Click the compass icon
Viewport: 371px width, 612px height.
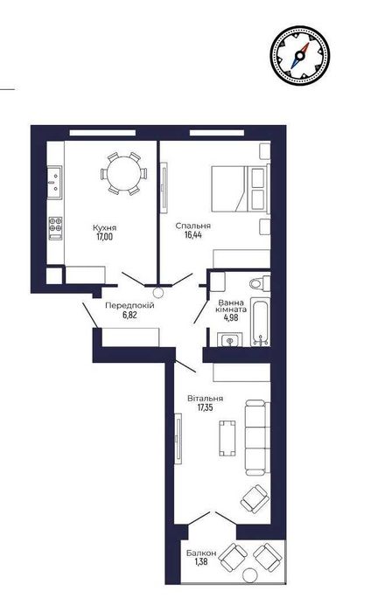299,54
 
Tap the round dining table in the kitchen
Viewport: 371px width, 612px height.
123,174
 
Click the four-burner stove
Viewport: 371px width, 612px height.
55,228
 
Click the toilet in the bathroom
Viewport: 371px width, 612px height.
259,282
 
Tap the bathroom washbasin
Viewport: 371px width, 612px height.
229,339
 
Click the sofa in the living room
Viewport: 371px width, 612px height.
257,437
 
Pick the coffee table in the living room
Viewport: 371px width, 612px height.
227,438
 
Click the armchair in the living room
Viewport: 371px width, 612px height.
255,498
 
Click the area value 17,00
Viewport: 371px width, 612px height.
104,236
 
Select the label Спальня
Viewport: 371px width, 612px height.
192,226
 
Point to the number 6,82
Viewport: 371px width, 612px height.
129,315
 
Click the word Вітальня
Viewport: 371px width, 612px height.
205,399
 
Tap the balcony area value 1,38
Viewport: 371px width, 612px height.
200,561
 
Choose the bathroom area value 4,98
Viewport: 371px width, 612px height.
231,316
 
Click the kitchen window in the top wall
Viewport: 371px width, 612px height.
102,133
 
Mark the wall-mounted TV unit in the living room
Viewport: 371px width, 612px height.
178,438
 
